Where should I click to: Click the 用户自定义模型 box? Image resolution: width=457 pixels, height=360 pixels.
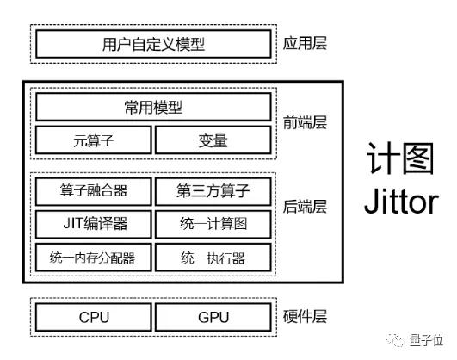(153, 43)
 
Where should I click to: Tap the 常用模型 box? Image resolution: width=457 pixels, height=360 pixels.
(153, 108)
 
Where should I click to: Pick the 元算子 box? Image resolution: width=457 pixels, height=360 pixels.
(93, 140)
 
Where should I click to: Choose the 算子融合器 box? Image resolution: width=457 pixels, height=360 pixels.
(93, 190)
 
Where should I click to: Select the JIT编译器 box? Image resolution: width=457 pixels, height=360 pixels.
(93, 224)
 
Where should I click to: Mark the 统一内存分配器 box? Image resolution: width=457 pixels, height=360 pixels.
(93, 258)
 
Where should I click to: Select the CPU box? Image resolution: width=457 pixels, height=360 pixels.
(93, 317)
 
